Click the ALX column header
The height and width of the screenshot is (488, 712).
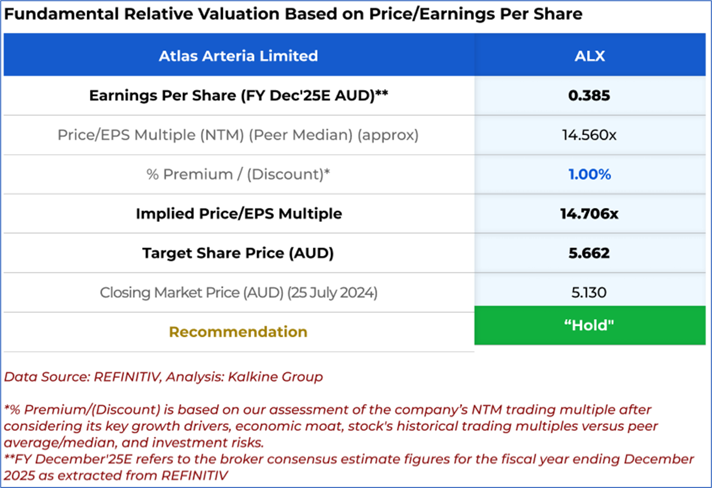click(x=590, y=56)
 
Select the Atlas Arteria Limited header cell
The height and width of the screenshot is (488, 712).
click(x=238, y=56)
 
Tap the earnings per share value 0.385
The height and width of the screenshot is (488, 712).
click(x=589, y=96)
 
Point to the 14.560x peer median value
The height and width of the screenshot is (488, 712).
click(x=589, y=135)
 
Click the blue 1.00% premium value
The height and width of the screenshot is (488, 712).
click(x=589, y=175)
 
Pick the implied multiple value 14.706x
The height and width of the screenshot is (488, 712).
click(x=589, y=214)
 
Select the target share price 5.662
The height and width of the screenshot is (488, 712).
click(x=589, y=253)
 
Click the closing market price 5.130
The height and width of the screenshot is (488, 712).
click(x=589, y=292)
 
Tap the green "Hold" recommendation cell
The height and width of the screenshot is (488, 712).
click(x=589, y=325)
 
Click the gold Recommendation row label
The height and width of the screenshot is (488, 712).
click(x=238, y=332)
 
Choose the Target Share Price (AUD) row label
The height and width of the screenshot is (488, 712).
click(x=238, y=253)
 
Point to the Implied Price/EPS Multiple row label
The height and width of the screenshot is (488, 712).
click(x=238, y=214)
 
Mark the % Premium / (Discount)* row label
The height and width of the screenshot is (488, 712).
click(x=238, y=175)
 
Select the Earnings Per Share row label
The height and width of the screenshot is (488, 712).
click(x=238, y=96)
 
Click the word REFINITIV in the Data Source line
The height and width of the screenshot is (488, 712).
click(x=127, y=377)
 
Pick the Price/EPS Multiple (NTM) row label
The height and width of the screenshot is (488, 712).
click(x=238, y=135)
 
